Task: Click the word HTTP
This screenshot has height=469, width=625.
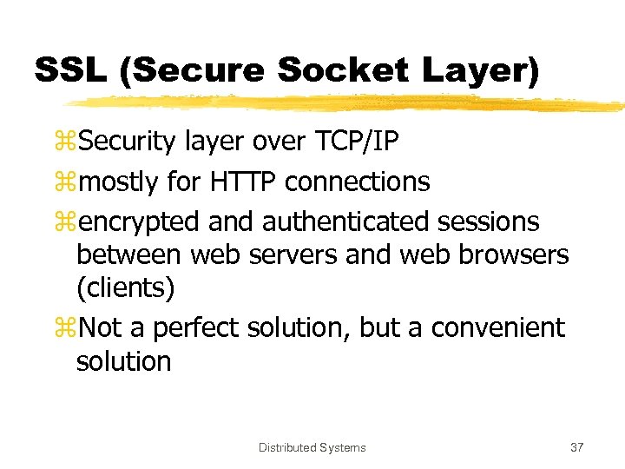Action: (x=244, y=182)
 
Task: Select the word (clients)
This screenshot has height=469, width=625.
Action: (x=125, y=287)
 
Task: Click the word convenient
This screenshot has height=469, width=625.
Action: (x=497, y=328)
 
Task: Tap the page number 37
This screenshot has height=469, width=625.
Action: (x=576, y=447)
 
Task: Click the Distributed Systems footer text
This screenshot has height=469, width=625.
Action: (x=312, y=447)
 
